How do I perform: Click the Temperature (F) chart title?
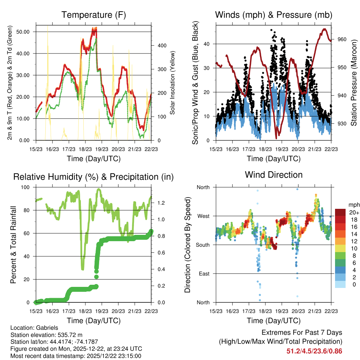pos(94,15)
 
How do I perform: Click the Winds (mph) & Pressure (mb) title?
pos(274,15)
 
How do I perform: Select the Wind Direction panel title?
pos(274,175)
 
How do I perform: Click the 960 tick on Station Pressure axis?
pos(342,39)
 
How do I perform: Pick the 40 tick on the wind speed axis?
pos(210,44)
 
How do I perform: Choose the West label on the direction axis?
pos(203,216)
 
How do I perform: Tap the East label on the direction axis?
pos(204,274)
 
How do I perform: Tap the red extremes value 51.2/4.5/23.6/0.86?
pos(314,351)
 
